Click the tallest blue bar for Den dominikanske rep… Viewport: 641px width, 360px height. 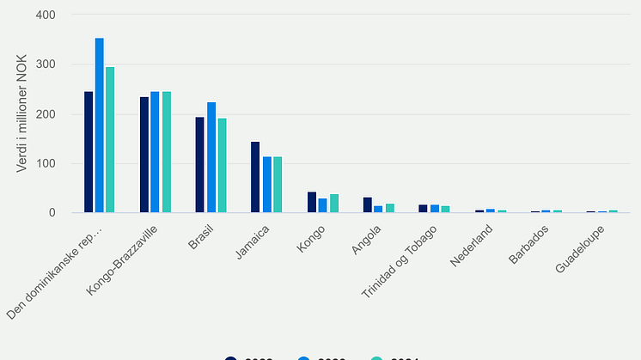coord(100,125)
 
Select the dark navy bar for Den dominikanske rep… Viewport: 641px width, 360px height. coord(89,152)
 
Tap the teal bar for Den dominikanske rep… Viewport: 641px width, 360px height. coord(110,139)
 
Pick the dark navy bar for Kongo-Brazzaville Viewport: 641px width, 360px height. coord(144,155)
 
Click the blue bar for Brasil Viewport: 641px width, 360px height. coord(211,157)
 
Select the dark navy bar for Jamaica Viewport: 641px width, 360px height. coord(255,177)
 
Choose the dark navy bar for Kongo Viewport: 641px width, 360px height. coord(312,202)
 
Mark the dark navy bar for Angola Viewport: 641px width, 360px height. coord(368,204)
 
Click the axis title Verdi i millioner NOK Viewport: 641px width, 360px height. coord(21,113)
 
